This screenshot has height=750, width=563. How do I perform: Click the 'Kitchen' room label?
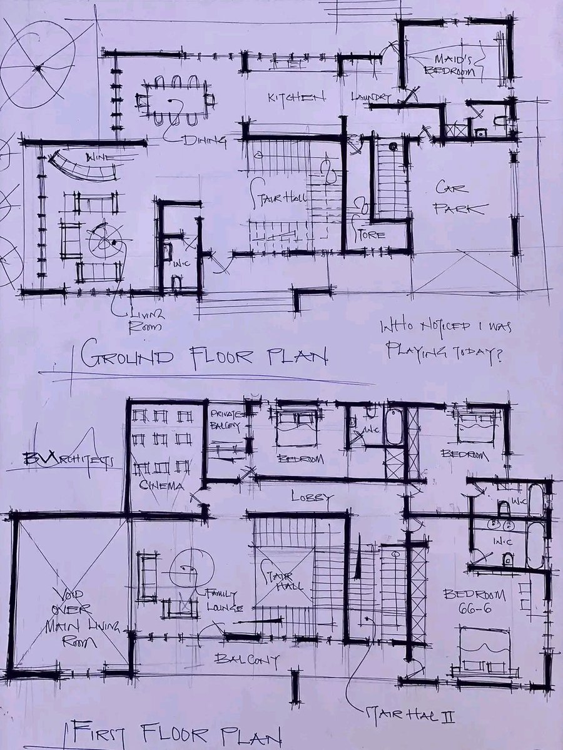297,98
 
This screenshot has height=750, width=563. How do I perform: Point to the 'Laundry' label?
371,97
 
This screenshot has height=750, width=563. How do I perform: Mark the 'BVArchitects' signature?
68,460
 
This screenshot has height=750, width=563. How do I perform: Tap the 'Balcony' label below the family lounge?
246,659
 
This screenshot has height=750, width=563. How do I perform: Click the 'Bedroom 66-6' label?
475,601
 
